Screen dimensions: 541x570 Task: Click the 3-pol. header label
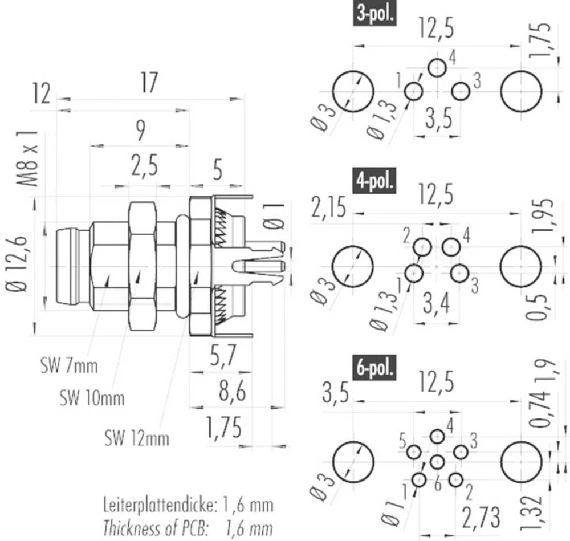click(x=374, y=14)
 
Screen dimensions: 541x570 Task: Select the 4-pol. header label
click(x=374, y=183)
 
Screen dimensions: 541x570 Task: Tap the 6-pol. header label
click(x=374, y=369)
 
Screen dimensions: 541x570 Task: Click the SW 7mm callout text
click(x=69, y=365)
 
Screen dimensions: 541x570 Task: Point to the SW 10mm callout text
click(x=92, y=397)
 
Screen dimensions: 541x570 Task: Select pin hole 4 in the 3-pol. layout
click(x=437, y=68)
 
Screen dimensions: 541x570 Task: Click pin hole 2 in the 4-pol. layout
click(x=423, y=247)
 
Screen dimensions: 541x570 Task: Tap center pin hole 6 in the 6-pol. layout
click(x=437, y=462)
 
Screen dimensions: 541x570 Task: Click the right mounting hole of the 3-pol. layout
click(x=522, y=91)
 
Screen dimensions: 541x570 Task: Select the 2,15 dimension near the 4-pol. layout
click(x=329, y=209)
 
